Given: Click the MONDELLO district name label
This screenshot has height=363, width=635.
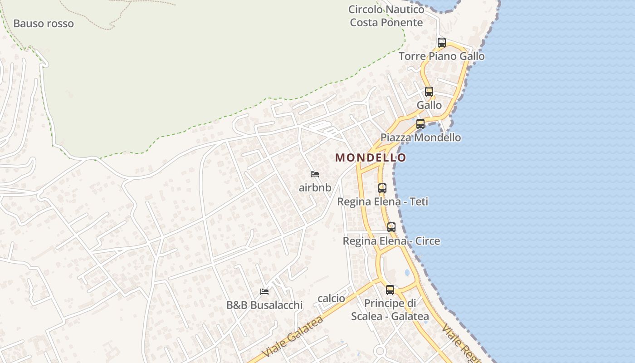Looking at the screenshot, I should pos(371,157).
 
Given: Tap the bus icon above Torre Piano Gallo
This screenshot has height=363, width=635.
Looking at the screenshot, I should pos(441,43).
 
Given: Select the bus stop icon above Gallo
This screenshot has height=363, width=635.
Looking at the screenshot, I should pos(429,91).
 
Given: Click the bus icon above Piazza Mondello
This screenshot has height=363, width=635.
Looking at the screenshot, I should pos(420,123).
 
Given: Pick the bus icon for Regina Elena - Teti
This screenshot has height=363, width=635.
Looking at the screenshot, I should pos(382,188).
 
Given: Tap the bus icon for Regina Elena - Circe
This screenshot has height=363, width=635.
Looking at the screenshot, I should pos(391,227).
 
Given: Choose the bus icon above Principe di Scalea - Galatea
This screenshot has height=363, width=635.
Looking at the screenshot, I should pos(390,289).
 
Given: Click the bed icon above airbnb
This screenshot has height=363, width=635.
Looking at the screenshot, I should pos(315,174).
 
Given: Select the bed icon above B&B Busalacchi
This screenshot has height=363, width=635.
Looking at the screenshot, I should pos(264,291).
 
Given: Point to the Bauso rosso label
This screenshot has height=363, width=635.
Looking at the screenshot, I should pos(44,24).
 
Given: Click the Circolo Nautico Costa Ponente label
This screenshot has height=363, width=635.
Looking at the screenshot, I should pos(386,16).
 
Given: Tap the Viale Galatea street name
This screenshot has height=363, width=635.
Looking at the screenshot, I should pos(293,336).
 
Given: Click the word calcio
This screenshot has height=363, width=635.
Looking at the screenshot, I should pos(331,299).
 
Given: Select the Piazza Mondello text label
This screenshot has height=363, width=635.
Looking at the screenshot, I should pos(420,137).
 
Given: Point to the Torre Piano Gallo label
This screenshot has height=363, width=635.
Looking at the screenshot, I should pos(441,56).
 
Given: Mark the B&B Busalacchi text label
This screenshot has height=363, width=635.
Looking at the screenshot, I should pos(264,305).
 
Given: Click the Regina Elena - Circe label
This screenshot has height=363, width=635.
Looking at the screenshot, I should pos(391,241).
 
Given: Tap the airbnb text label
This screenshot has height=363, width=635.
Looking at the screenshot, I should pos(315,187).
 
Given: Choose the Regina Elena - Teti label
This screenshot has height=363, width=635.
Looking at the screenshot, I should pos(382,201).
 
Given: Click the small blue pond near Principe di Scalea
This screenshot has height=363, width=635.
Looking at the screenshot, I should pos(407,272).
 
